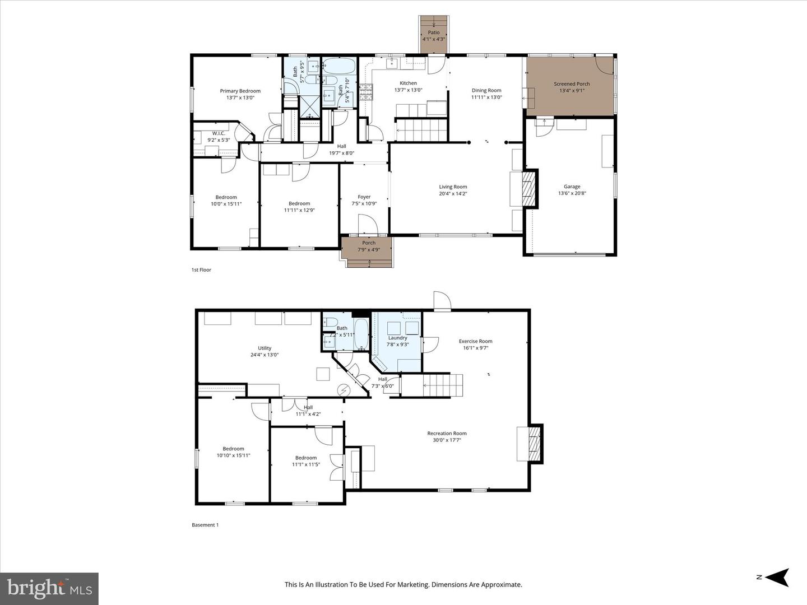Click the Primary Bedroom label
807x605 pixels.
(240, 91)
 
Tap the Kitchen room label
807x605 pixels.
(408, 83)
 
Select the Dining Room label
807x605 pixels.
(486, 90)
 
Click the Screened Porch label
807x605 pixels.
(572, 84)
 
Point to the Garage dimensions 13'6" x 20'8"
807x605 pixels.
(572, 194)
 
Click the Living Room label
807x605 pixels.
(453, 187)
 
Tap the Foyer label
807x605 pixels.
(364, 197)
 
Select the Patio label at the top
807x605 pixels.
(434, 32)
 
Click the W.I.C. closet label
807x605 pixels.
(218, 133)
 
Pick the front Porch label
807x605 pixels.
(368, 243)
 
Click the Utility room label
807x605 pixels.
(265, 348)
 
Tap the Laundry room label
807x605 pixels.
(397, 338)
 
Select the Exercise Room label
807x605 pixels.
(475, 341)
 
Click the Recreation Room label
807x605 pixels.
(447, 433)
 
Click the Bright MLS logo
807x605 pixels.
(49, 588)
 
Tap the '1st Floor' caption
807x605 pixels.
(201, 270)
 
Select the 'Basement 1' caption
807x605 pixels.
(205, 525)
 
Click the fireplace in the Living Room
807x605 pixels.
(530, 189)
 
